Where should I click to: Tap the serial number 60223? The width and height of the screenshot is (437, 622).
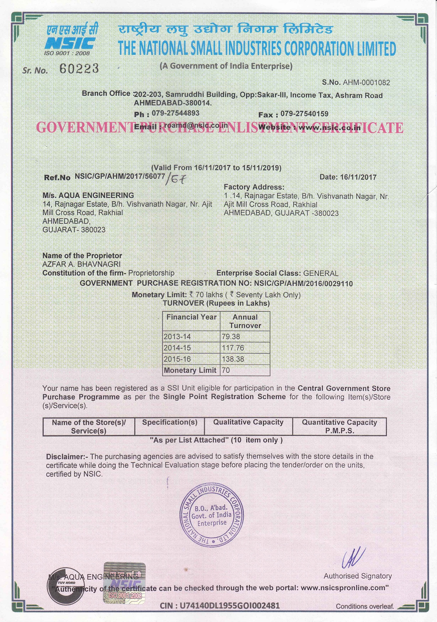79,69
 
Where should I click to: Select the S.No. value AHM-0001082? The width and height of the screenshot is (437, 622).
366,83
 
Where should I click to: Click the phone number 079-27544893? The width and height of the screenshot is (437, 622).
175,113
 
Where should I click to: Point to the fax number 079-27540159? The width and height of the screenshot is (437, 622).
304,114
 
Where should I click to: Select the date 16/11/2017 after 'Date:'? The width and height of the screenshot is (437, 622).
358,177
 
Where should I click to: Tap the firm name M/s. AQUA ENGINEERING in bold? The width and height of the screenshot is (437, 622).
88,195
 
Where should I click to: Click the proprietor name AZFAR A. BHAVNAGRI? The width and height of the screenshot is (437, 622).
81,264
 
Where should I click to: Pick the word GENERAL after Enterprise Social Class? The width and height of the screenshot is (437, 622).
320,273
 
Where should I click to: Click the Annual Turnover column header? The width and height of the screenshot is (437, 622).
245,321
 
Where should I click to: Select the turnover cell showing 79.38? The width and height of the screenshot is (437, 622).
231,336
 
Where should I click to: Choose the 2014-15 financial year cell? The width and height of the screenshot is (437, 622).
177,348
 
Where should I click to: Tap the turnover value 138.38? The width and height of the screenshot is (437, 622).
233,359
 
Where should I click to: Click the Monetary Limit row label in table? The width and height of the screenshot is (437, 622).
190,370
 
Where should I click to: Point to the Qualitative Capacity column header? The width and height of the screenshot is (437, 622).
248,422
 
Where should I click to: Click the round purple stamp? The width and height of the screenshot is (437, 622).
212,515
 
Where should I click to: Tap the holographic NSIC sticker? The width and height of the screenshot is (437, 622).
124,582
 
